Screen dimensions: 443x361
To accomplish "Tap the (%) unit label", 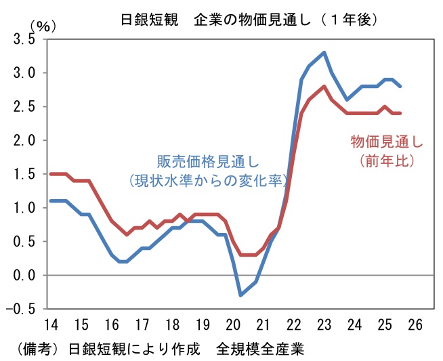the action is tap(43, 26).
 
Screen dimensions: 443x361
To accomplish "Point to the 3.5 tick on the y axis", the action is tap(24, 39).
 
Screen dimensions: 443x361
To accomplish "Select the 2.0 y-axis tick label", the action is tap(24, 140).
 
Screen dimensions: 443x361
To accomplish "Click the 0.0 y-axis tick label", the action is tap(24, 275).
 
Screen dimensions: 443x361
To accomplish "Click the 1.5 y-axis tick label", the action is tap(24, 174).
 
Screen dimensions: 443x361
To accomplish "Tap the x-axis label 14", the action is tap(51, 324).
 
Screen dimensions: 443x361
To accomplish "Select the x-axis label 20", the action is tap(233, 324).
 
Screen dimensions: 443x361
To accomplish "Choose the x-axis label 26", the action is tap(415, 324).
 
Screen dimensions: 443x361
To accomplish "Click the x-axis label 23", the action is tap(324, 324).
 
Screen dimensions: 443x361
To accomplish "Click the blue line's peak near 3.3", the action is tap(324, 53).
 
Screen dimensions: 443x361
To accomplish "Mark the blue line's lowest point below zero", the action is tap(240, 295).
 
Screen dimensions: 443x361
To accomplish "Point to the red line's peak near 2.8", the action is tap(324, 86).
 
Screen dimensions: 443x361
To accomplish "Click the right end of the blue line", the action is tap(400, 86).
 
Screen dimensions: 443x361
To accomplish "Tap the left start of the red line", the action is tap(51, 174).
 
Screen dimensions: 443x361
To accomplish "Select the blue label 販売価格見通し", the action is tap(208, 162).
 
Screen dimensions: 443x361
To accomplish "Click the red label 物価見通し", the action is tap(387, 142).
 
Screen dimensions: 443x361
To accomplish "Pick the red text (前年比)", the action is tap(387, 161).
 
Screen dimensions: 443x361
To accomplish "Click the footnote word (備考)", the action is tap(35, 349).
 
